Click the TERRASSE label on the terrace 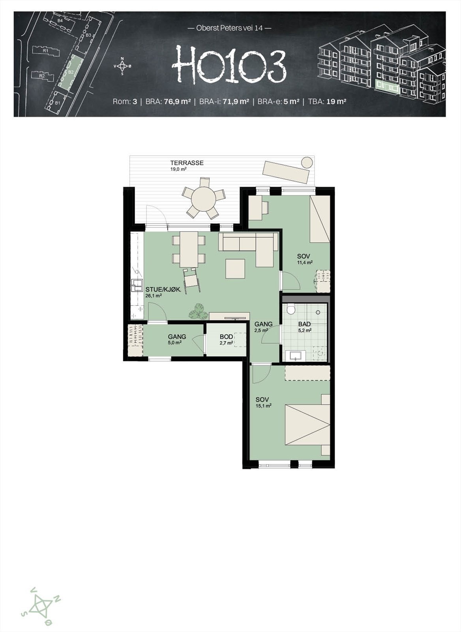pyautogui.click(x=187, y=163)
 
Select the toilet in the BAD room pyautogui.click(x=291, y=309)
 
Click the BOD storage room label pyautogui.click(x=226, y=337)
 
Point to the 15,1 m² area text pyautogui.click(x=263, y=406)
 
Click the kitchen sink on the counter pyautogui.click(x=137, y=284)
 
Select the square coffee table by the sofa pyautogui.click(x=235, y=269)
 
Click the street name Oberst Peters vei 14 pyautogui.click(x=229, y=28)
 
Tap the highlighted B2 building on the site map pyautogui.click(x=71, y=72)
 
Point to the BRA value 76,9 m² pyautogui.click(x=177, y=102)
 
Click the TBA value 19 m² pyautogui.click(x=336, y=102)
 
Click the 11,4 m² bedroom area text pyautogui.click(x=305, y=262)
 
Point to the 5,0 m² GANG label pyautogui.click(x=174, y=342)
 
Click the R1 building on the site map pyautogui.click(x=46, y=51)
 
